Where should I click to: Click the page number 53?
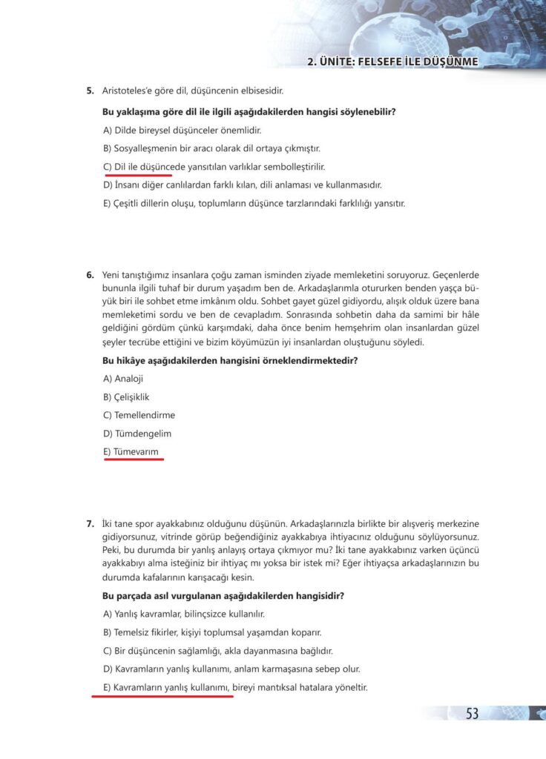(472, 713)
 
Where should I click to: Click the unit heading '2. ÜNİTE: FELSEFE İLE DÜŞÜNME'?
(392, 62)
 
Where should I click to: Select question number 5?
(90, 92)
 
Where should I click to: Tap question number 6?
(90, 275)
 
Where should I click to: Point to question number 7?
(90, 524)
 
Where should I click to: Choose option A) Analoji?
(123, 379)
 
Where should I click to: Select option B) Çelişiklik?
(127, 397)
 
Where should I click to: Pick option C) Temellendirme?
(139, 415)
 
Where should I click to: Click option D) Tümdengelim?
(134, 434)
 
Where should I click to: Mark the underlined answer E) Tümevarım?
(131, 451)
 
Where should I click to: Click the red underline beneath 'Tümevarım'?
(134, 460)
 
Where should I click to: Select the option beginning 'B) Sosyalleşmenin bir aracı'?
(211, 148)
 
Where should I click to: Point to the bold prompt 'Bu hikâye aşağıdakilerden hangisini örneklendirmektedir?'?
(229, 361)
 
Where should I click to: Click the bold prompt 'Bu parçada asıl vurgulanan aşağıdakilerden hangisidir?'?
(223, 596)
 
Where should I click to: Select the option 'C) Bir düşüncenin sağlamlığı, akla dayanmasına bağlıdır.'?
(218, 651)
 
